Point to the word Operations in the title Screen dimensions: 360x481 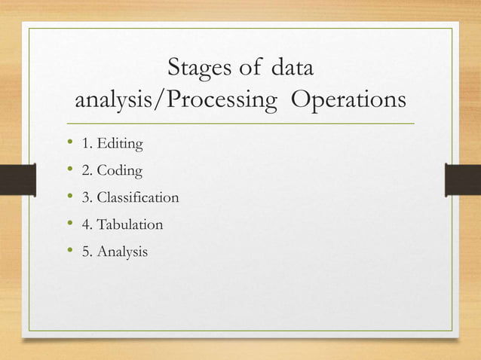tap(348, 101)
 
